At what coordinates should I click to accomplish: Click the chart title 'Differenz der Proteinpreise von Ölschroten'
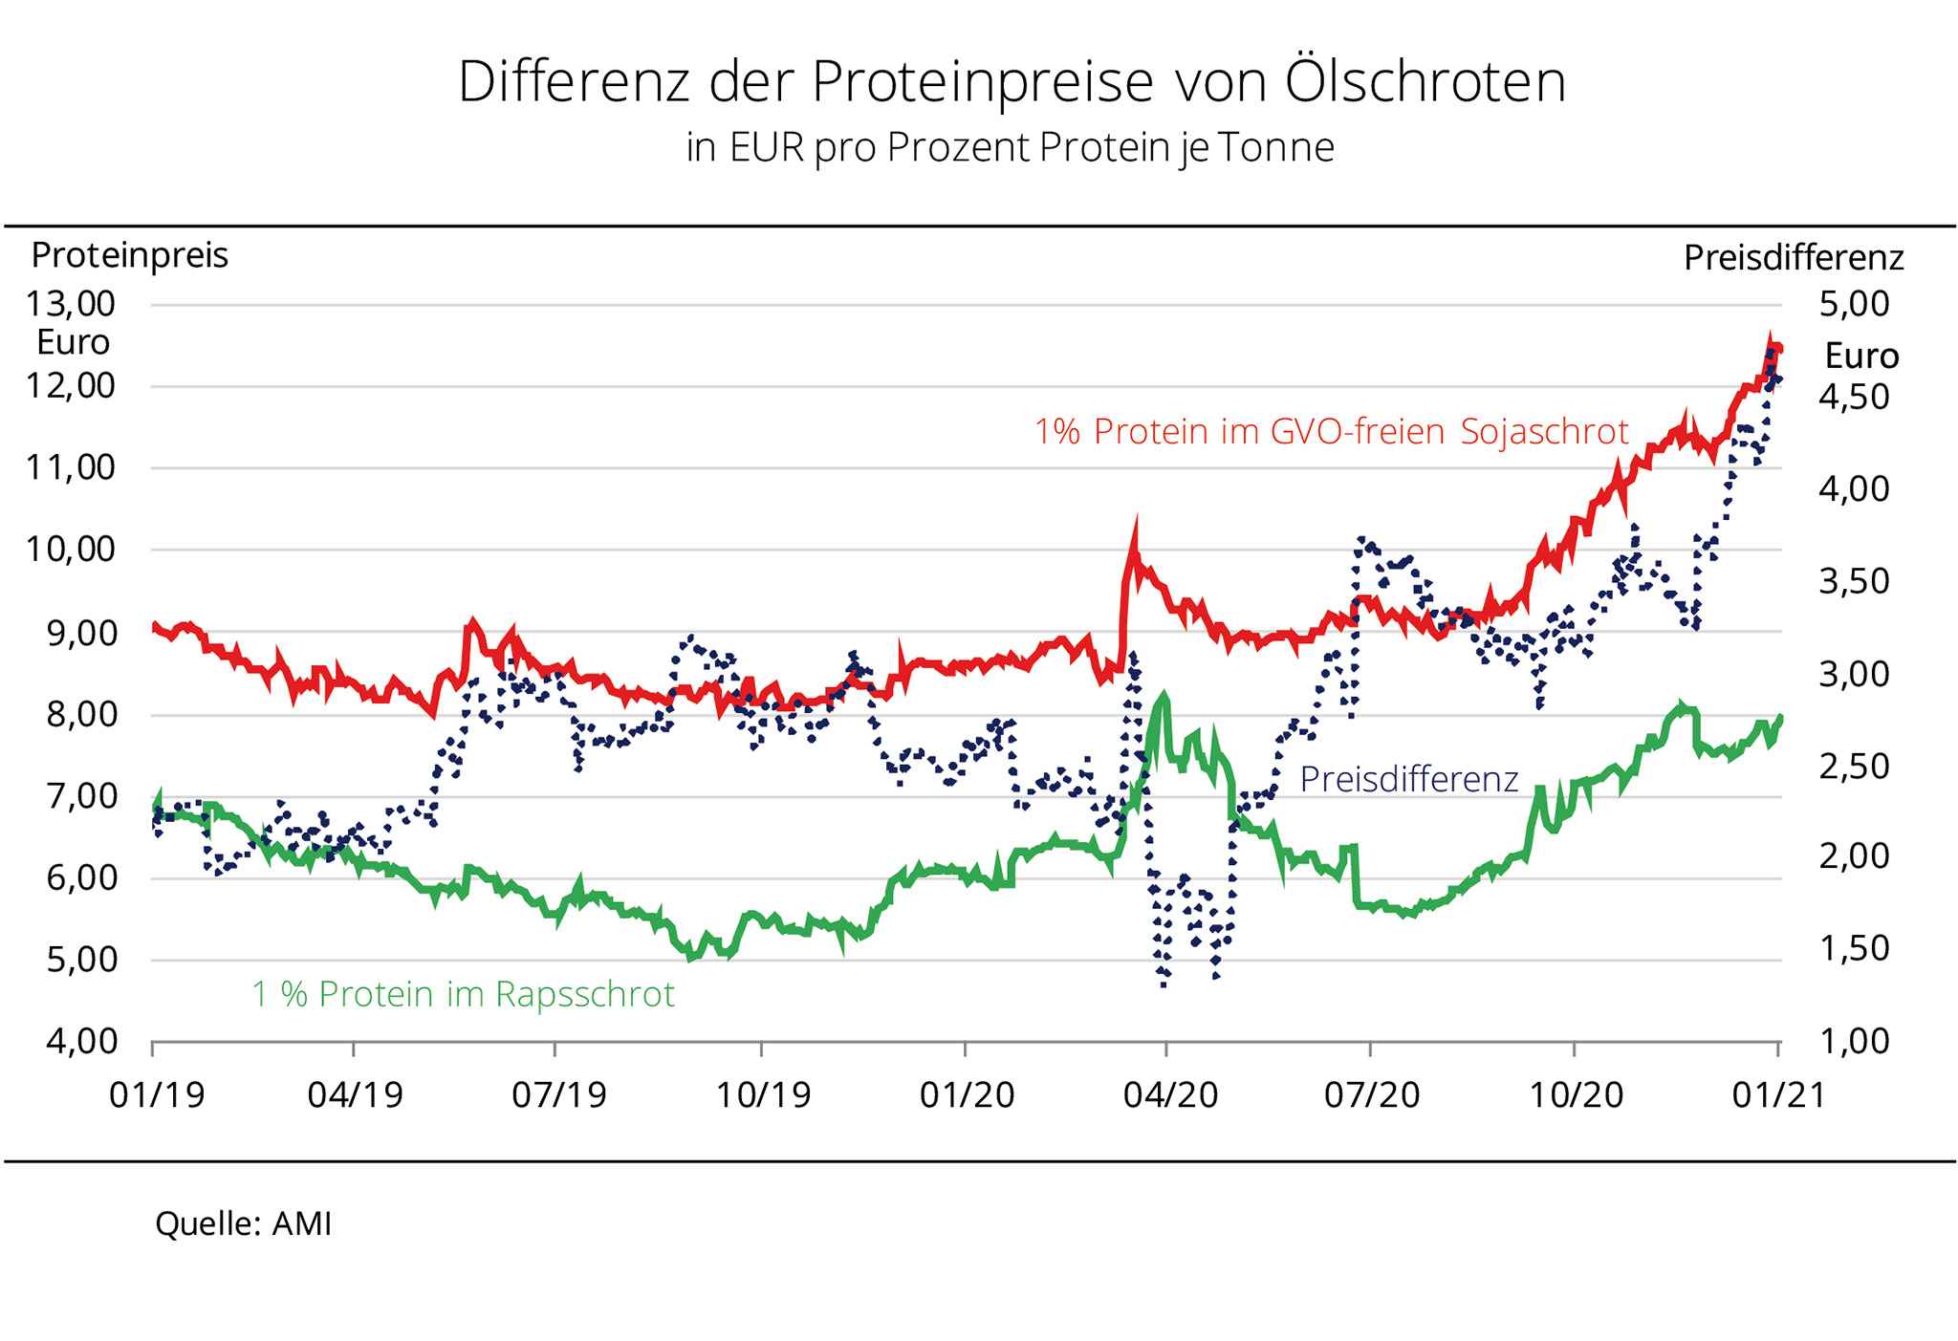click(x=1012, y=82)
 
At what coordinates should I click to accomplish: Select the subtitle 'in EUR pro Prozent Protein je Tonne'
click(x=1010, y=148)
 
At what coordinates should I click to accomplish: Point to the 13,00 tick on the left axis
click(x=71, y=304)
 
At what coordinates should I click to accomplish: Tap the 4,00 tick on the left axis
click(x=82, y=1041)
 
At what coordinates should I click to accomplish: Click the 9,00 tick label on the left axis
click(x=82, y=633)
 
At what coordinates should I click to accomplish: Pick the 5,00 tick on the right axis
click(x=1854, y=304)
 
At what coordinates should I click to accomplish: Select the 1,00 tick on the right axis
click(x=1854, y=1041)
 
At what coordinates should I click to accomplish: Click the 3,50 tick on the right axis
click(x=1854, y=581)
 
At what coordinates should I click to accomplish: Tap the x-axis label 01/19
click(x=157, y=1094)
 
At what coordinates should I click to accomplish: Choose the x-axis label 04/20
click(x=1170, y=1094)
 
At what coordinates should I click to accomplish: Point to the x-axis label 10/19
click(x=763, y=1094)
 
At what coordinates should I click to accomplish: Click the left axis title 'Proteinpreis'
click(x=129, y=256)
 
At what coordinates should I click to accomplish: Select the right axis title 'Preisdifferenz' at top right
click(x=1794, y=258)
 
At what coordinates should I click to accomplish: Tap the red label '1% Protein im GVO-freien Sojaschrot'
click(x=1331, y=432)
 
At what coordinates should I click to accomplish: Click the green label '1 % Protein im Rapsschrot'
click(x=463, y=995)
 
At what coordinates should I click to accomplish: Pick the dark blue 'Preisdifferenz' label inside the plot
click(x=1408, y=780)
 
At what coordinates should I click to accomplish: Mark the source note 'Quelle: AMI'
click(x=243, y=1224)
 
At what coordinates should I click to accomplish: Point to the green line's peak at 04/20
click(x=1164, y=699)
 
